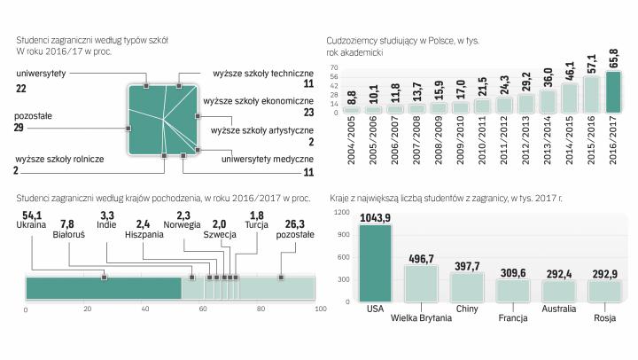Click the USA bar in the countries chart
(x=375, y=262)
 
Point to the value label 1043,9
(x=376, y=218)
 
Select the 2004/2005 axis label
(x=351, y=142)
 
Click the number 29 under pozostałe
(x=20, y=129)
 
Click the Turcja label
(x=256, y=225)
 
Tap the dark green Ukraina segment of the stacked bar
(x=103, y=287)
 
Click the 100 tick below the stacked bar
(x=315, y=309)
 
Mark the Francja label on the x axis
(x=513, y=317)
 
